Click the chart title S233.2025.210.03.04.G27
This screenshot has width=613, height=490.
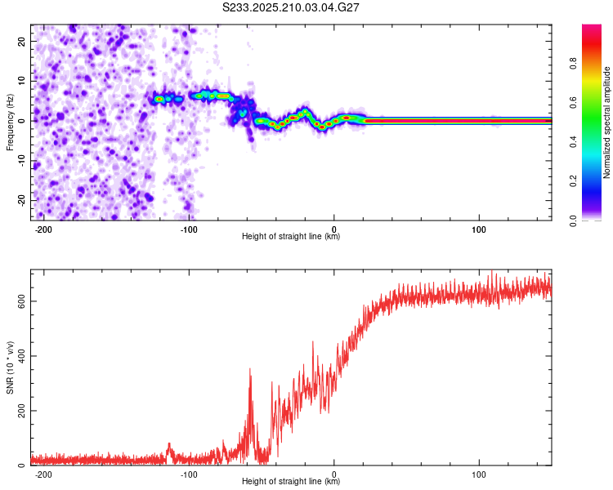(290, 7)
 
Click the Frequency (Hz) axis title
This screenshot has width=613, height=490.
(10, 122)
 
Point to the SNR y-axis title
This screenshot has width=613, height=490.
(10, 367)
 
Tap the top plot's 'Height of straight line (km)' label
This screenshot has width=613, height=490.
(291, 236)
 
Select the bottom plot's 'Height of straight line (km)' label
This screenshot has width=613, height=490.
(291, 481)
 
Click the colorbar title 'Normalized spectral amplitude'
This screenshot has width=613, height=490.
(606, 122)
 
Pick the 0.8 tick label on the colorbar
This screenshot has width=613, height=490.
(573, 64)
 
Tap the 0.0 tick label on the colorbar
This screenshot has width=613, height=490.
(573, 220)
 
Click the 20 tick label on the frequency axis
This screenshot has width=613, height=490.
(21, 42)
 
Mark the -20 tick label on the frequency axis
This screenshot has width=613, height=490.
(21, 200)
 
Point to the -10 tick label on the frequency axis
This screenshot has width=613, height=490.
(21, 160)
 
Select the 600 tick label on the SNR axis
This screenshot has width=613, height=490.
(21, 301)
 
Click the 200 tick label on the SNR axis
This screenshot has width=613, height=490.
(21, 411)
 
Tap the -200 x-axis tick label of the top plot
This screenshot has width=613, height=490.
(43, 229)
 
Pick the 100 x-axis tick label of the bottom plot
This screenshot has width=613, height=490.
(478, 474)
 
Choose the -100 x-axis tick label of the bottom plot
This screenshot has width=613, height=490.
(189, 474)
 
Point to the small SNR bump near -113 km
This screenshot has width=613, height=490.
(169, 448)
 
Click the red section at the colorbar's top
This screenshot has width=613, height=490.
(592, 39)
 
